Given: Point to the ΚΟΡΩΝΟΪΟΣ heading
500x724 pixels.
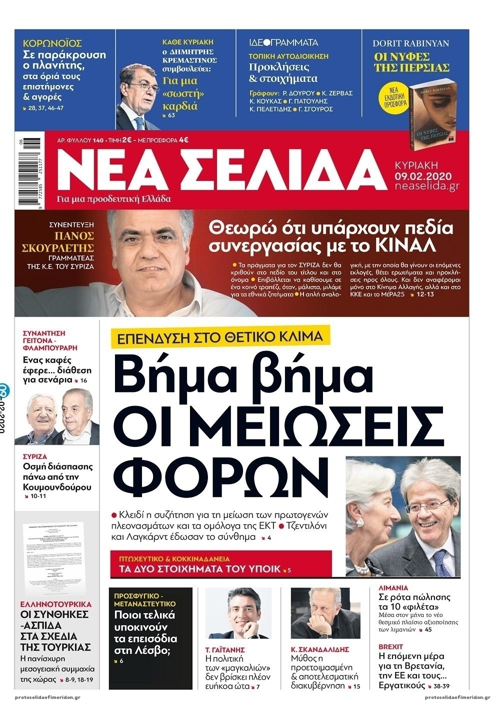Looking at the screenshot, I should (52, 43).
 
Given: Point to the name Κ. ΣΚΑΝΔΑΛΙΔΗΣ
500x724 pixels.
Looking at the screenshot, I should (320, 649).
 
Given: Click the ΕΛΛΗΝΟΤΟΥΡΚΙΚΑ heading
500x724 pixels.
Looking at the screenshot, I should (55, 604).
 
